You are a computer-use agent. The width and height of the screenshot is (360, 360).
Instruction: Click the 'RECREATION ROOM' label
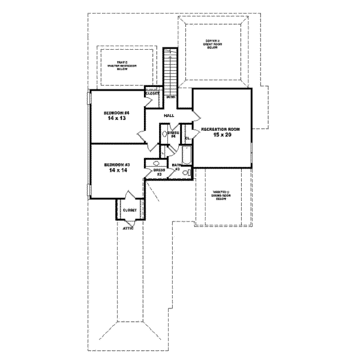pyautogui.click(x=221, y=129)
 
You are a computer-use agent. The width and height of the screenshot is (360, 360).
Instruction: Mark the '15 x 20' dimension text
pyautogui.click(x=221, y=136)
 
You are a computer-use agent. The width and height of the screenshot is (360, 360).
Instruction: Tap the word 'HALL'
pyautogui.click(x=169, y=115)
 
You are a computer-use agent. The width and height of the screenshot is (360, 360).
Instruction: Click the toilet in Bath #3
pyautogui.click(x=187, y=173)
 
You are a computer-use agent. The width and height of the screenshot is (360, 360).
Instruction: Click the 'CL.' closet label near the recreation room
pyautogui.click(x=187, y=139)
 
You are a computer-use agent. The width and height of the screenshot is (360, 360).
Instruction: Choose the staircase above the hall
pyautogui.click(x=172, y=69)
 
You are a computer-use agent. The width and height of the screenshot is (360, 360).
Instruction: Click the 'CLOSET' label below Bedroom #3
pyautogui.click(x=130, y=211)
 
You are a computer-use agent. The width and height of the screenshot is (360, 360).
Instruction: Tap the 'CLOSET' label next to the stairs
pyautogui.click(x=152, y=94)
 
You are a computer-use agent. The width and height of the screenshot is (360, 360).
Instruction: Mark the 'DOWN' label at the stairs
pyautogui.click(x=171, y=97)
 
